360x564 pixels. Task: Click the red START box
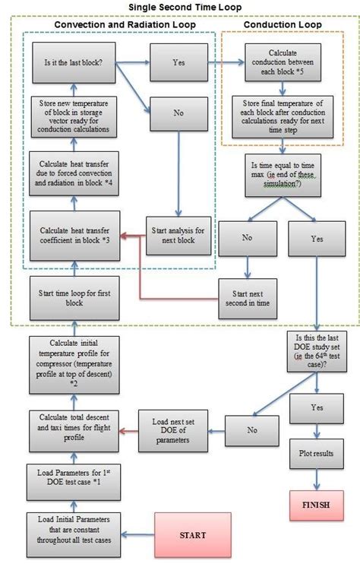pos(192,535)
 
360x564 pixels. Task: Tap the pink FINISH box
pos(315,505)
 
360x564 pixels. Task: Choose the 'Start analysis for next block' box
pos(178,235)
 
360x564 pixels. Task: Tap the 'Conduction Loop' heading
pos(281,25)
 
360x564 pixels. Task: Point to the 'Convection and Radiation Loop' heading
pos(125,25)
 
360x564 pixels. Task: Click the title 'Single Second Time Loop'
pos(180,8)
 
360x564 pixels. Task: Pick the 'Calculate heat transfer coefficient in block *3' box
pos(74,234)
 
